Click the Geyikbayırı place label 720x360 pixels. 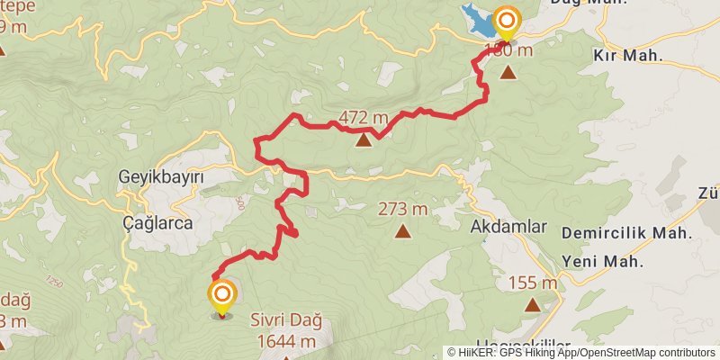(x=161, y=178)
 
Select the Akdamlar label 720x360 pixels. (x=508, y=227)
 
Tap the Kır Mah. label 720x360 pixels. (x=627, y=56)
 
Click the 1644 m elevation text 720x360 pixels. (x=285, y=341)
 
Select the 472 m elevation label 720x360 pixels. (x=363, y=118)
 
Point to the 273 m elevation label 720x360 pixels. (x=402, y=210)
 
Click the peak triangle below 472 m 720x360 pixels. (x=364, y=139)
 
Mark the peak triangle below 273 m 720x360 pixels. (x=402, y=231)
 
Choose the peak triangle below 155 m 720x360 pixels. (x=533, y=305)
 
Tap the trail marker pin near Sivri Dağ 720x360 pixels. (x=222, y=294)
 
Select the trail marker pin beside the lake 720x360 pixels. (x=507, y=21)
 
